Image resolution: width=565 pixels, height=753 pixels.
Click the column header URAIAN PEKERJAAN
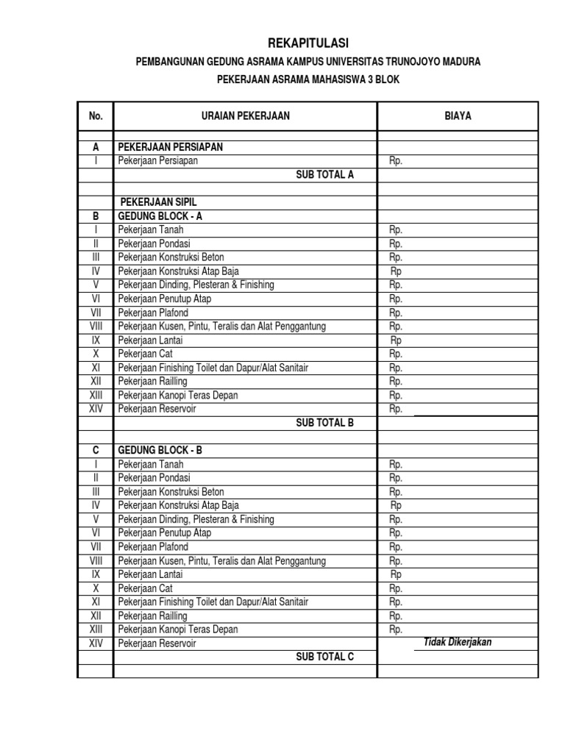tap(245, 116)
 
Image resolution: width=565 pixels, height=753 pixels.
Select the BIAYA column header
tap(458, 116)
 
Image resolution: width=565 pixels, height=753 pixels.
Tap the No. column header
tap(96, 116)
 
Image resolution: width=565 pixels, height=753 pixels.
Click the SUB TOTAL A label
tap(324, 175)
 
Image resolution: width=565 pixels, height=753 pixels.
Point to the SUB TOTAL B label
tap(324, 423)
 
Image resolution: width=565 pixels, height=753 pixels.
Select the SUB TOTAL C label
tap(324, 657)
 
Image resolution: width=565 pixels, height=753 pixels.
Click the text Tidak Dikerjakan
tap(458, 643)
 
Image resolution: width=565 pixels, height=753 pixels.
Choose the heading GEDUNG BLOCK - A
tap(160, 216)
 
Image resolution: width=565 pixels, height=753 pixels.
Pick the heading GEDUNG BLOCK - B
tap(160, 450)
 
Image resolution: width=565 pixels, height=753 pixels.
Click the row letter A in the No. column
tap(96, 147)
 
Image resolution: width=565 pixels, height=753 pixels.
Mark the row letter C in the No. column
tap(96, 450)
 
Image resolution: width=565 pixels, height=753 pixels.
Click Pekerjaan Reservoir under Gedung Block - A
tap(157, 409)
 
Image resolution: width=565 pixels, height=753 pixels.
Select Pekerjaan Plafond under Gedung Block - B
tap(153, 547)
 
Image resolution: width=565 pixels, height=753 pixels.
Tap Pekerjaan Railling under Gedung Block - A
tap(153, 382)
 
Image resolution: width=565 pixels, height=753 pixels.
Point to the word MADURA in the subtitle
tap(461, 63)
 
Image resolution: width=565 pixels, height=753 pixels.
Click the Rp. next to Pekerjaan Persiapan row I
tap(396, 161)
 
